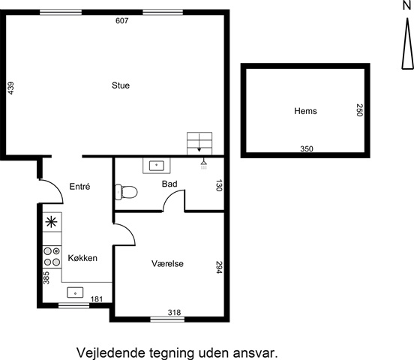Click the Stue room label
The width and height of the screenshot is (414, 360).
click(x=121, y=85)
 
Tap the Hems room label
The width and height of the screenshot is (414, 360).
click(x=305, y=111)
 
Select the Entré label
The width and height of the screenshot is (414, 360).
click(x=79, y=187)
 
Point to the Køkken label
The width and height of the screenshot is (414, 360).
click(x=82, y=258)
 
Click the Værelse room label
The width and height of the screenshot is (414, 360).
click(x=167, y=263)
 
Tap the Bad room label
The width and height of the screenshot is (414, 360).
click(x=169, y=184)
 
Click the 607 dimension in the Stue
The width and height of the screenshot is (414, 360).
click(x=122, y=20)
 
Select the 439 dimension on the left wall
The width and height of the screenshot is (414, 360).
click(x=10, y=88)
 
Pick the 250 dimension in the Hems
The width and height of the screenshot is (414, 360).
click(x=359, y=110)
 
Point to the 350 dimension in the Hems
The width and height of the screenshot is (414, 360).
click(x=307, y=149)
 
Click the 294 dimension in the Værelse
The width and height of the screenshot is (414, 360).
click(x=219, y=267)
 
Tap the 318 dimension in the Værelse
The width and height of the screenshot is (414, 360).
click(x=174, y=313)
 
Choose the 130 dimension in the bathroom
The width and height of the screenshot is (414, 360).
click(x=219, y=185)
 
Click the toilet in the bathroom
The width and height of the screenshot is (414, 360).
click(x=126, y=192)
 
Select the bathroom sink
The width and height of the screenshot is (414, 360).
click(x=157, y=166)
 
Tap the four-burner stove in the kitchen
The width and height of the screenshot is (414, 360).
click(x=52, y=257)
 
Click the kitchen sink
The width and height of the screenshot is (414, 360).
click(x=75, y=292)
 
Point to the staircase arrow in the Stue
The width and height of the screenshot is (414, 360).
click(x=199, y=142)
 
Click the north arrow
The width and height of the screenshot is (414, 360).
click(x=408, y=43)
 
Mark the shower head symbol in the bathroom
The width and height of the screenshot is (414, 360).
click(x=203, y=164)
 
